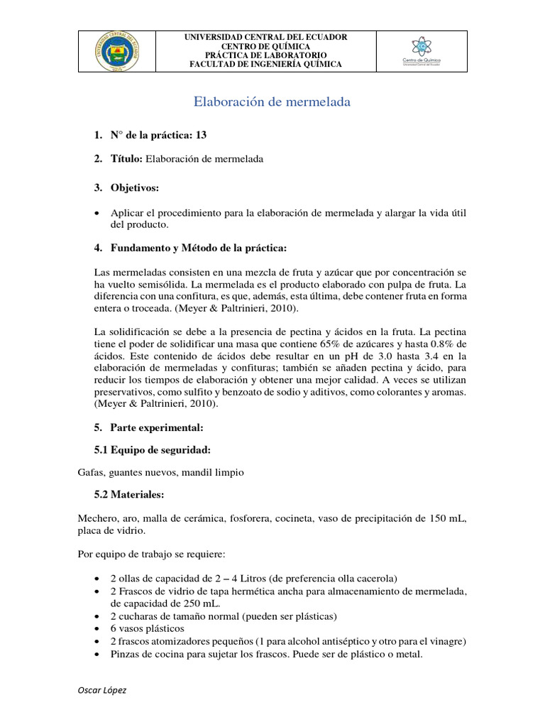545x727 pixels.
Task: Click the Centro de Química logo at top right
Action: pos(422,52)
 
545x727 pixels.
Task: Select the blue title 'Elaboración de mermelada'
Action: pos(272,102)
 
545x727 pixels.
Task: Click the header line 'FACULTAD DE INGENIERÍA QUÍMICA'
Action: pos(266,65)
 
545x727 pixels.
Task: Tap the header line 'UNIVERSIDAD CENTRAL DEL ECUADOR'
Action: pos(266,38)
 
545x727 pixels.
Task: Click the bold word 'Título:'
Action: pos(127,159)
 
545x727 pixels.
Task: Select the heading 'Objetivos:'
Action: pos(135,187)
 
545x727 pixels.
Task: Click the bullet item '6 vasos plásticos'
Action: pos(148,628)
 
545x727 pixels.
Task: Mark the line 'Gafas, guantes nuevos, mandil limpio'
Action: pos(160,472)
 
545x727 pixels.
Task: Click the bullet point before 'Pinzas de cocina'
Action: pos(97,655)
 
